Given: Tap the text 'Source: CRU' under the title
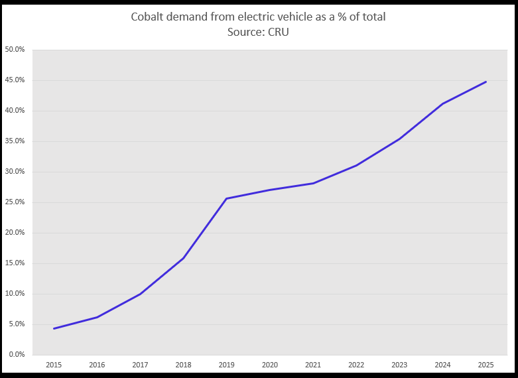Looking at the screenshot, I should coord(259,32).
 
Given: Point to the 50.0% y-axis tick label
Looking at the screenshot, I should coord(15,50).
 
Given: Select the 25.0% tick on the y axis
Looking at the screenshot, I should coord(15,202).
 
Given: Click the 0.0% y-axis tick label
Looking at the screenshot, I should coord(16,355).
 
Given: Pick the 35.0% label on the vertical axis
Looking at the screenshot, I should coord(15,141).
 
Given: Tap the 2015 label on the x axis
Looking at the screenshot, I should coord(54,364).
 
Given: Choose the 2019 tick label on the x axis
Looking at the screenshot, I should coord(227,364).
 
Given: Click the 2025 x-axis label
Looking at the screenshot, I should coord(486,364).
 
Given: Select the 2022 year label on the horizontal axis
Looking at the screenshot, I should coord(356,364).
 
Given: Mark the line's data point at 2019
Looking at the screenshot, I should coord(227,198).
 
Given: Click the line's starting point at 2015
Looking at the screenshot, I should coord(54,328).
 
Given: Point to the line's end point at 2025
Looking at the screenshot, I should coord(486,82).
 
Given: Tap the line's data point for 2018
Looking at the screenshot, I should coord(183,258).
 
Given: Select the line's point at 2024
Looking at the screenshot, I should coord(442,103).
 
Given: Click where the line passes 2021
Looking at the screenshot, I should coord(313,183).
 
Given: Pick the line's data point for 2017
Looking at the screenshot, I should coord(140,294).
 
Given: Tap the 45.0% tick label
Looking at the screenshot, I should coord(15,80).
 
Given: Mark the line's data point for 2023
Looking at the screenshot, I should coord(399,139).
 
